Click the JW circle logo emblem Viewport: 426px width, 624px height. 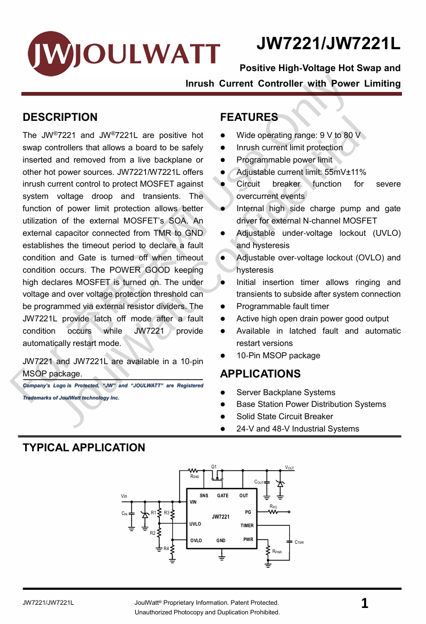pyautogui.click(x=50, y=53)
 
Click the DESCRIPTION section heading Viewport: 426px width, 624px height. pyautogui.click(x=60, y=118)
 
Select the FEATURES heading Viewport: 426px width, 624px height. pyautogui.click(x=249, y=118)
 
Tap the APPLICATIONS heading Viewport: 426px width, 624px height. pyautogui.click(x=260, y=374)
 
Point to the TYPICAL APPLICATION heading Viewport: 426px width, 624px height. pyautogui.click(x=84, y=448)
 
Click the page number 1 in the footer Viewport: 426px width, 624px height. pyautogui.click(x=365, y=604)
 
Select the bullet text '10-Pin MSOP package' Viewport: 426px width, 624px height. pyautogui.click(x=278, y=356)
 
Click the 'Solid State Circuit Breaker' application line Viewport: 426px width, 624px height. pyautogui.click(x=284, y=417)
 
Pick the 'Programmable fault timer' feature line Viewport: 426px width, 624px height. pyautogui.click(x=282, y=306)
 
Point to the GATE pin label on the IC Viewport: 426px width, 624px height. pyautogui.click(x=222, y=496)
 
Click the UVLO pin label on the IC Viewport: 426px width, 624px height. pyautogui.click(x=195, y=524)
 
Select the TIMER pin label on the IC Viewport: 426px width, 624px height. pyautogui.click(x=247, y=526)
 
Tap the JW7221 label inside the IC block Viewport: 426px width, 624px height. pyautogui.click(x=220, y=517)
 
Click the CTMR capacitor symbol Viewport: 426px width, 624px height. pyautogui.click(x=289, y=542)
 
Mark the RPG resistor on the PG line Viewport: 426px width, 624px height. pyautogui.click(x=273, y=512)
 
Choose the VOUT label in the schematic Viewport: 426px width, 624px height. pyautogui.click(x=289, y=468)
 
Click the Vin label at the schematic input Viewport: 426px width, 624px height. pyautogui.click(x=125, y=496)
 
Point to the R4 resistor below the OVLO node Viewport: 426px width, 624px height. pyautogui.click(x=173, y=551)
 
